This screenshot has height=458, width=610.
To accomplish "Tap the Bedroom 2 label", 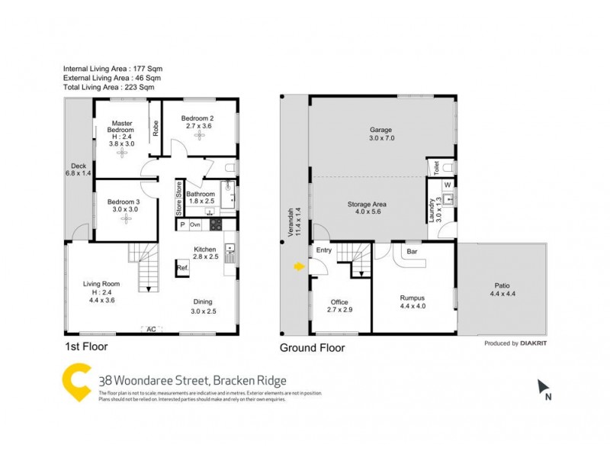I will (x=197, y=118).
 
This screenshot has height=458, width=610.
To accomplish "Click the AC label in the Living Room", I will (x=151, y=329).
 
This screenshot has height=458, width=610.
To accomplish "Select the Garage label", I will (x=380, y=130).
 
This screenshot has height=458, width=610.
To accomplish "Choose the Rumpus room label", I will (x=413, y=298).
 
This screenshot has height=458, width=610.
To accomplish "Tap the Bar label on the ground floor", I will (x=412, y=250).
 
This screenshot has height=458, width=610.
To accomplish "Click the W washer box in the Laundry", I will (x=447, y=184).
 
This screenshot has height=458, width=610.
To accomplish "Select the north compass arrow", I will (x=542, y=387).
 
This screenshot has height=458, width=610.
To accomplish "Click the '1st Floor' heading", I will (x=86, y=347).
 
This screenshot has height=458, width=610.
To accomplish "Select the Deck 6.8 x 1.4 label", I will (x=79, y=169).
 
